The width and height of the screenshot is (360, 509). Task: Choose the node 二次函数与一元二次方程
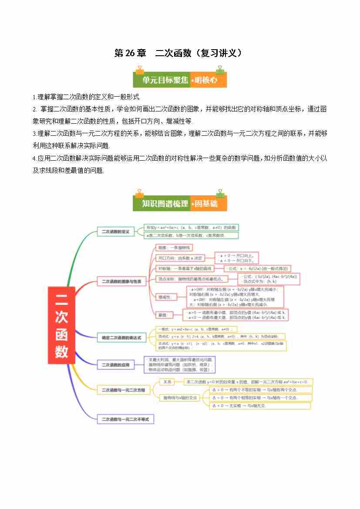(123, 390)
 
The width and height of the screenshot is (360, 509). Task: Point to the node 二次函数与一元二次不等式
(125, 419)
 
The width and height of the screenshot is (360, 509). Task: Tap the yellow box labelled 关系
(167, 382)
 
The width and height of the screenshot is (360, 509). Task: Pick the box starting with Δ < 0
(260, 406)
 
